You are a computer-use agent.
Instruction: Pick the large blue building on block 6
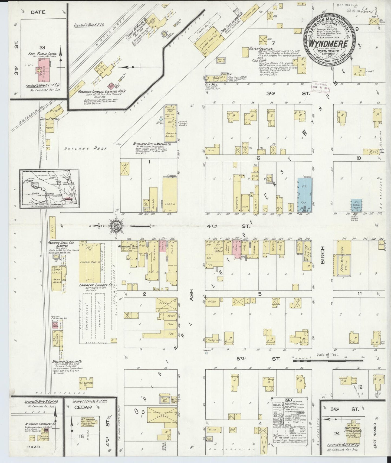point(304,194)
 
